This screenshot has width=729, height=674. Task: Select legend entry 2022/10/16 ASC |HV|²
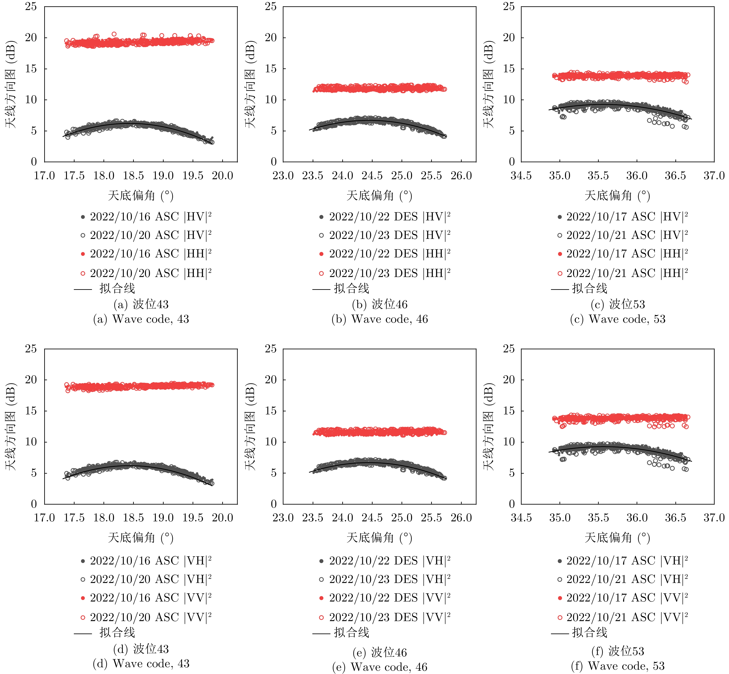(146, 217)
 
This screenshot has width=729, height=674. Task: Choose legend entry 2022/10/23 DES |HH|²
(385, 273)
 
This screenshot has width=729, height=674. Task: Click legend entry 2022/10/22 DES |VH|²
(385, 561)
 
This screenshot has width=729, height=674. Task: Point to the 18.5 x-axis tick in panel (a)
(133, 176)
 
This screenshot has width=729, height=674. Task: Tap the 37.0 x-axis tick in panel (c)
(714, 176)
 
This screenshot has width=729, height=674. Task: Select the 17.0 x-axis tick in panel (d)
(44, 518)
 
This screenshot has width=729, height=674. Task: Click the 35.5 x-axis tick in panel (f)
(598, 518)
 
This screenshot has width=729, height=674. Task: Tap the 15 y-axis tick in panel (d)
(31, 411)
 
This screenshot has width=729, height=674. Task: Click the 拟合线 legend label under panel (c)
(590, 289)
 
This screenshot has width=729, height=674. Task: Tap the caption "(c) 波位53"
(618, 304)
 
